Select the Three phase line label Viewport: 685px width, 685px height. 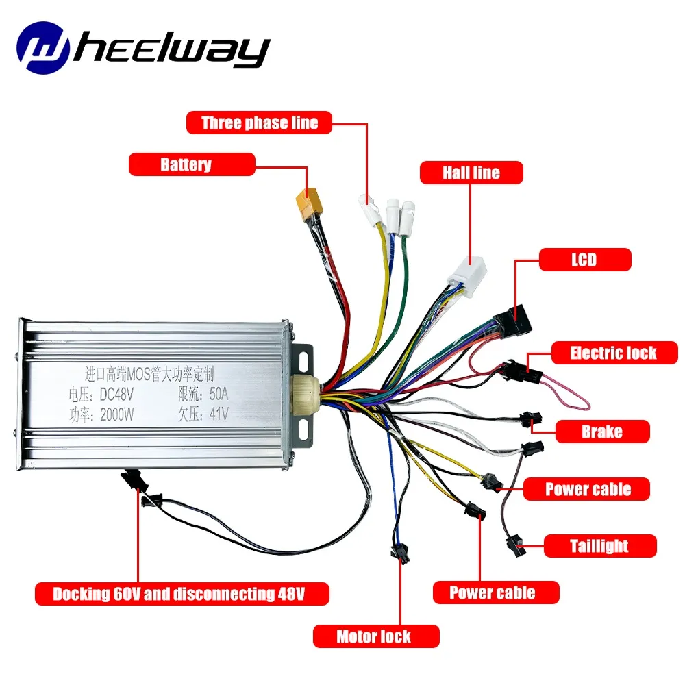coord(260,123)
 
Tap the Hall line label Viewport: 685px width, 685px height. coord(471,172)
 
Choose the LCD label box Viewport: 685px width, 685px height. coord(585,260)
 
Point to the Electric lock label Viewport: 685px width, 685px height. coord(614,353)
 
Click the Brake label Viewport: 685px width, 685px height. coord(601,432)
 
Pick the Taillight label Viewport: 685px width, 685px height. coord(599,546)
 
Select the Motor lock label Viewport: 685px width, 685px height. coord(373,636)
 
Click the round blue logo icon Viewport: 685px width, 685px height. coord(44,48)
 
